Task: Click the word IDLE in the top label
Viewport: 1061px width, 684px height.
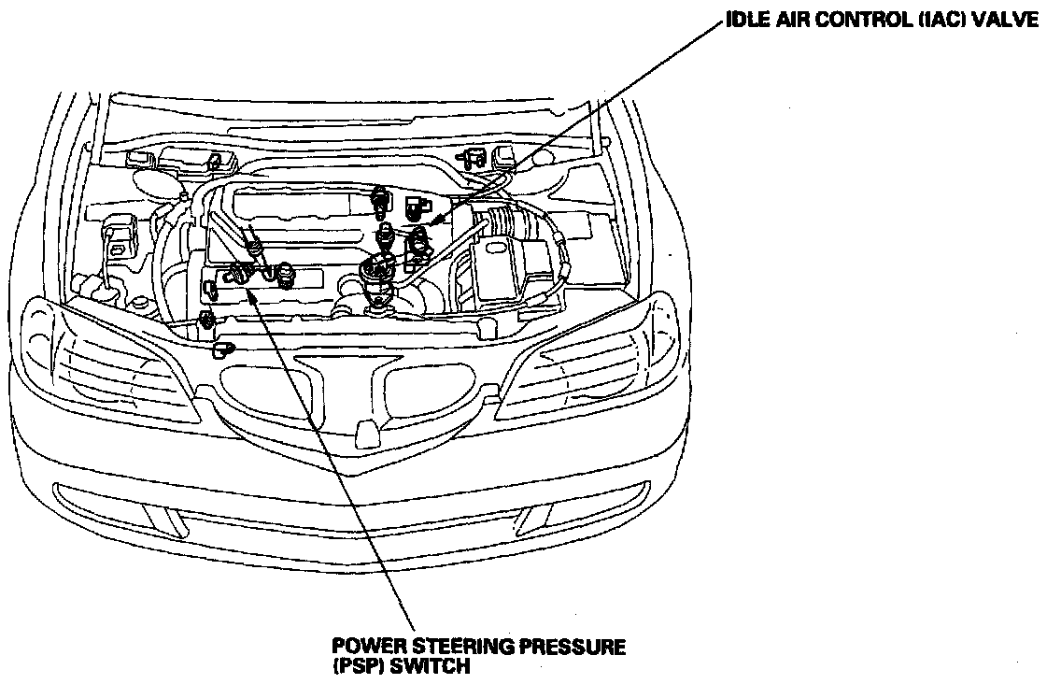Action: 746,21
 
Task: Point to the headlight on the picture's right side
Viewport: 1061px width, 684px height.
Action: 598,364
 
